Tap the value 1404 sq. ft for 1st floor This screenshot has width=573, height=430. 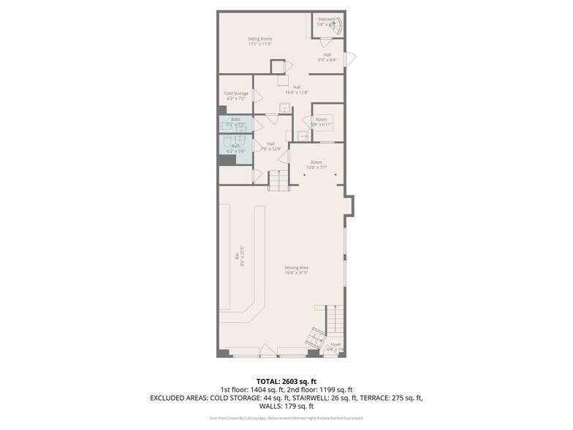[x=268, y=390]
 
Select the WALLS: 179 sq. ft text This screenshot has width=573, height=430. [x=286, y=406]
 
